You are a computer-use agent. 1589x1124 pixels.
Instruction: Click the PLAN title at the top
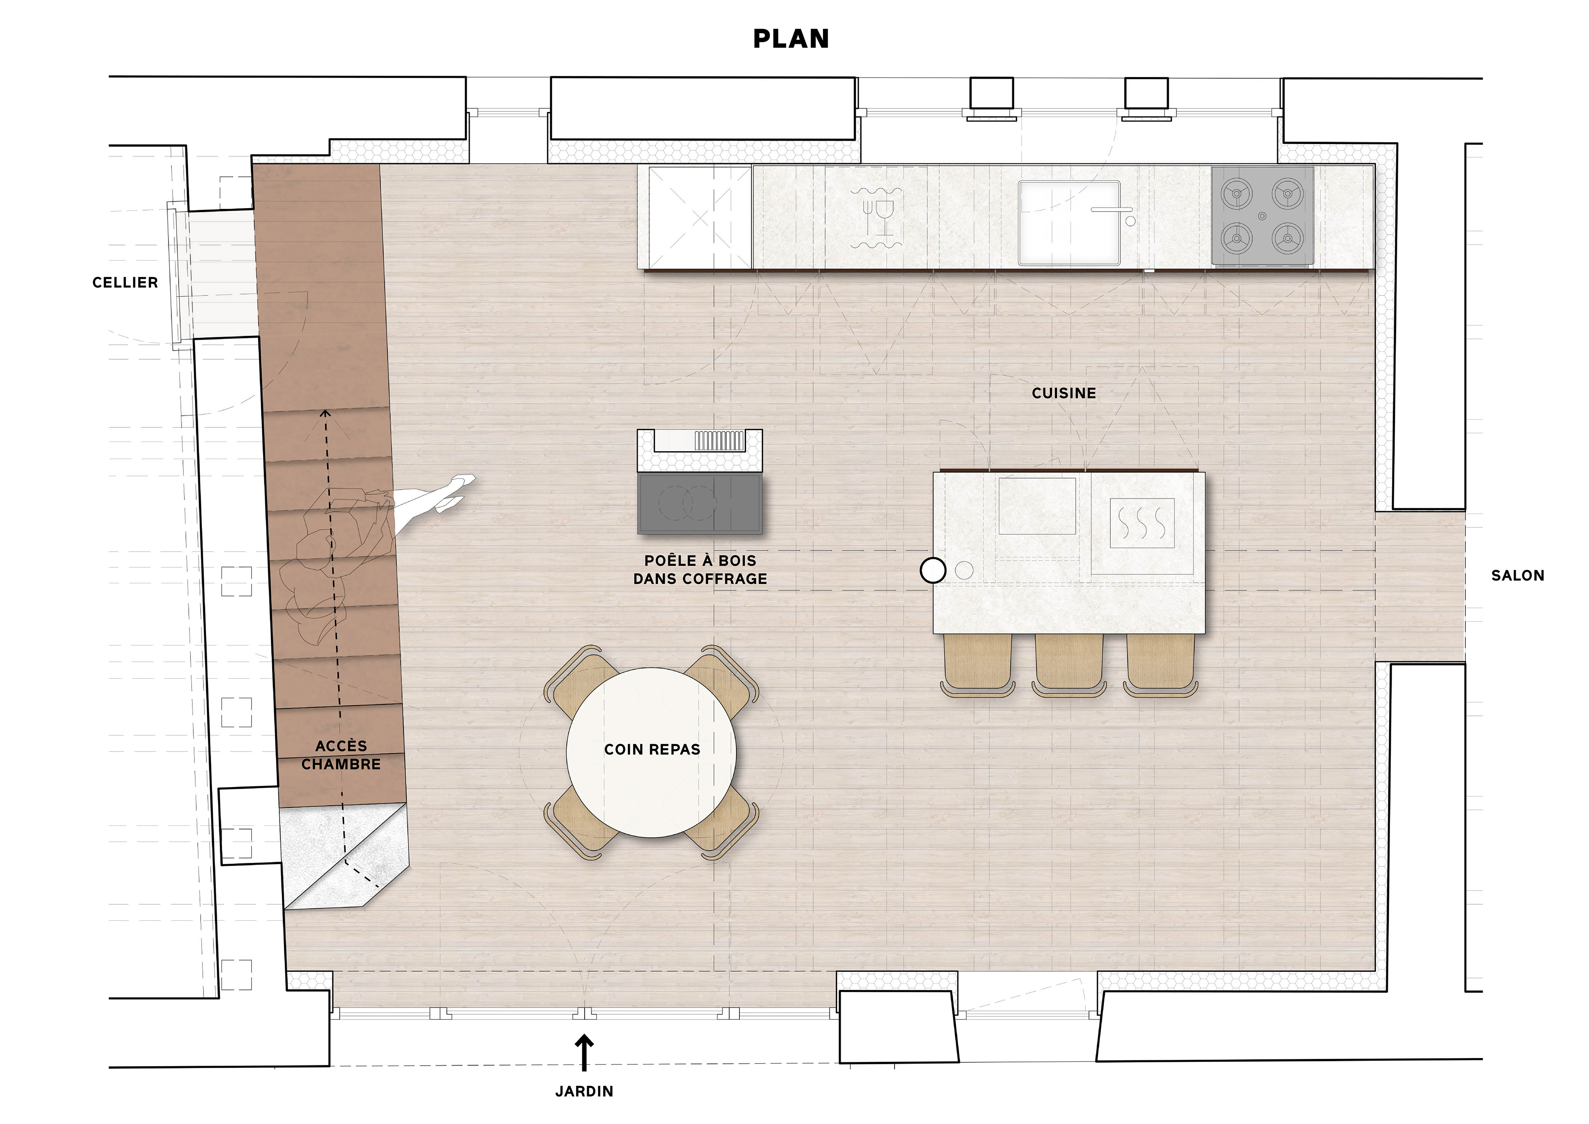791,39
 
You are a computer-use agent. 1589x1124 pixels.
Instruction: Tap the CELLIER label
125,282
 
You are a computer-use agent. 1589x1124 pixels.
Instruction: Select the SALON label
1518,575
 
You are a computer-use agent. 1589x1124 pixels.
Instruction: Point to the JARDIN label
584,1091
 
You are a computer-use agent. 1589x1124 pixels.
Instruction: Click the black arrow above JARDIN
585,1053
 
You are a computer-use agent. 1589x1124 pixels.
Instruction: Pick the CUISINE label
1064,393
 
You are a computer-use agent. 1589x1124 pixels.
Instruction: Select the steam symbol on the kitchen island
1142,523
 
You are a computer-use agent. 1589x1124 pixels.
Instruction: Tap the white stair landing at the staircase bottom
345,856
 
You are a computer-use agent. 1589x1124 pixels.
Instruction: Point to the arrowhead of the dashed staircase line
325,414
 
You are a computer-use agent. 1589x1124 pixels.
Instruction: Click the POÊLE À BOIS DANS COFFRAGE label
701,569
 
